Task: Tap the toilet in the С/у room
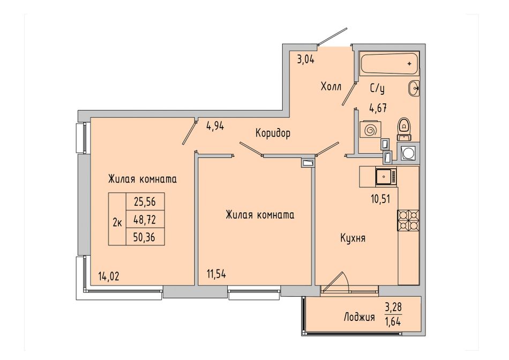click(404, 129)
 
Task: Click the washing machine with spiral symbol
click(370, 131)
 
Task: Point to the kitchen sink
click(386, 177)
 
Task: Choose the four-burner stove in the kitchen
click(408, 220)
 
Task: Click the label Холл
click(331, 87)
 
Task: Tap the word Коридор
click(273, 133)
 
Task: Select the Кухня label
click(353, 238)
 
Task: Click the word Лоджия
click(360, 317)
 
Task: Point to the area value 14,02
click(109, 276)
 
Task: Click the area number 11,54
click(216, 274)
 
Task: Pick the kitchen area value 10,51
click(380, 199)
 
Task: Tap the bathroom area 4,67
click(378, 108)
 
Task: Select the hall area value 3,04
click(306, 59)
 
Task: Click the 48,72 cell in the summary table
click(145, 220)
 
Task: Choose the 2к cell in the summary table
click(117, 223)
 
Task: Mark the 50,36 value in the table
click(145, 237)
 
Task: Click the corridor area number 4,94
click(215, 125)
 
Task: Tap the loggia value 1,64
click(393, 321)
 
